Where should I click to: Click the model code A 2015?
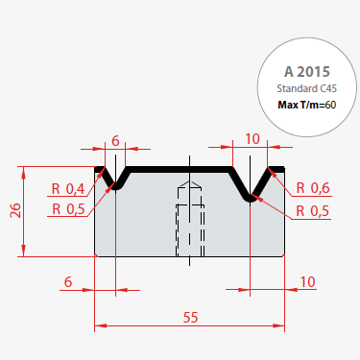(307, 72)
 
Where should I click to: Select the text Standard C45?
(307, 88)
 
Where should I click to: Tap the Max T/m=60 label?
(307, 105)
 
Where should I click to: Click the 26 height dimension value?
(15, 210)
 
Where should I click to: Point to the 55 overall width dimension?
(190, 318)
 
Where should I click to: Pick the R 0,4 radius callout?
(68, 189)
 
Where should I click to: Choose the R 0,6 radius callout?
(313, 188)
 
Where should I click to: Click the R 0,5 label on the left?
(68, 209)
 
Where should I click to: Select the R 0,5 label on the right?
(312, 211)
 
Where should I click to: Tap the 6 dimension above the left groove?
(115, 140)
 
